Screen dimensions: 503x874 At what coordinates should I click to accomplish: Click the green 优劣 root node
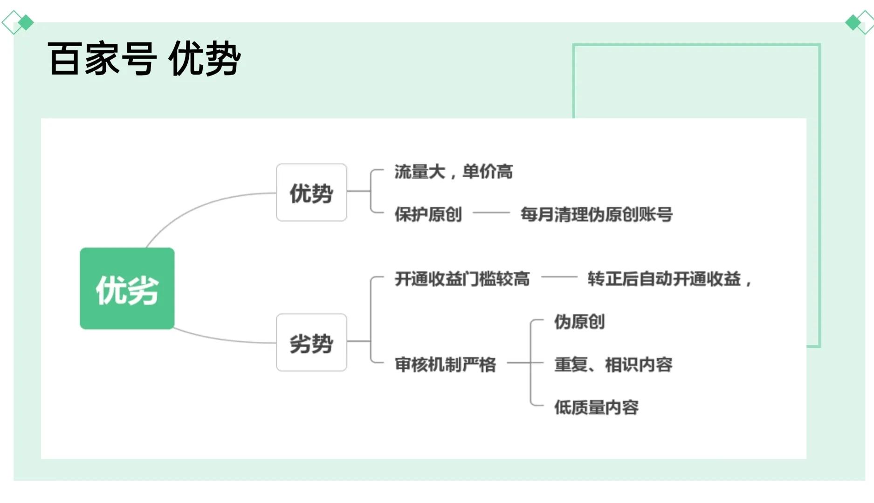[x=127, y=289]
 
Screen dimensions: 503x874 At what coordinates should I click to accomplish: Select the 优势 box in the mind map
[x=311, y=193]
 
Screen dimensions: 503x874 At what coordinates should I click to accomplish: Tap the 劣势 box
[x=311, y=343]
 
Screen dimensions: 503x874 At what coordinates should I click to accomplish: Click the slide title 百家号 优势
[x=144, y=59]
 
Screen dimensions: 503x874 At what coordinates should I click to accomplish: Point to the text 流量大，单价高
[x=453, y=172]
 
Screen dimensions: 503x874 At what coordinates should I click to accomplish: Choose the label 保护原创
[x=428, y=214]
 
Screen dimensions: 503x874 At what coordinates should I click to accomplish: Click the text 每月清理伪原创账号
[x=596, y=214]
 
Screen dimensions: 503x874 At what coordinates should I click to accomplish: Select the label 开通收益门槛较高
[x=462, y=279]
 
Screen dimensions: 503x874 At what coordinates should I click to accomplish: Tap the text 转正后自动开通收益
[x=664, y=279]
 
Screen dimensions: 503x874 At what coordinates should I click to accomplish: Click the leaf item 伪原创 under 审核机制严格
[x=579, y=322]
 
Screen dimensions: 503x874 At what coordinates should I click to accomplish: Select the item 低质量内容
[x=596, y=407]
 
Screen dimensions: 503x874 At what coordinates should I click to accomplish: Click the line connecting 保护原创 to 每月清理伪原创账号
[x=491, y=213]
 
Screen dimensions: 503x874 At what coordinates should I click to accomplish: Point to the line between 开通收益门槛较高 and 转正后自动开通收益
[x=559, y=277]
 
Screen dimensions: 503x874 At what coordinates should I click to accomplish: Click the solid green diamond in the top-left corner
[x=26, y=22]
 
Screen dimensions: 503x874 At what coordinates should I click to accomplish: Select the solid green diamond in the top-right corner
[x=853, y=22]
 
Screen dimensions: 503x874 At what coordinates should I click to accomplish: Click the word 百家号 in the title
[x=102, y=59]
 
